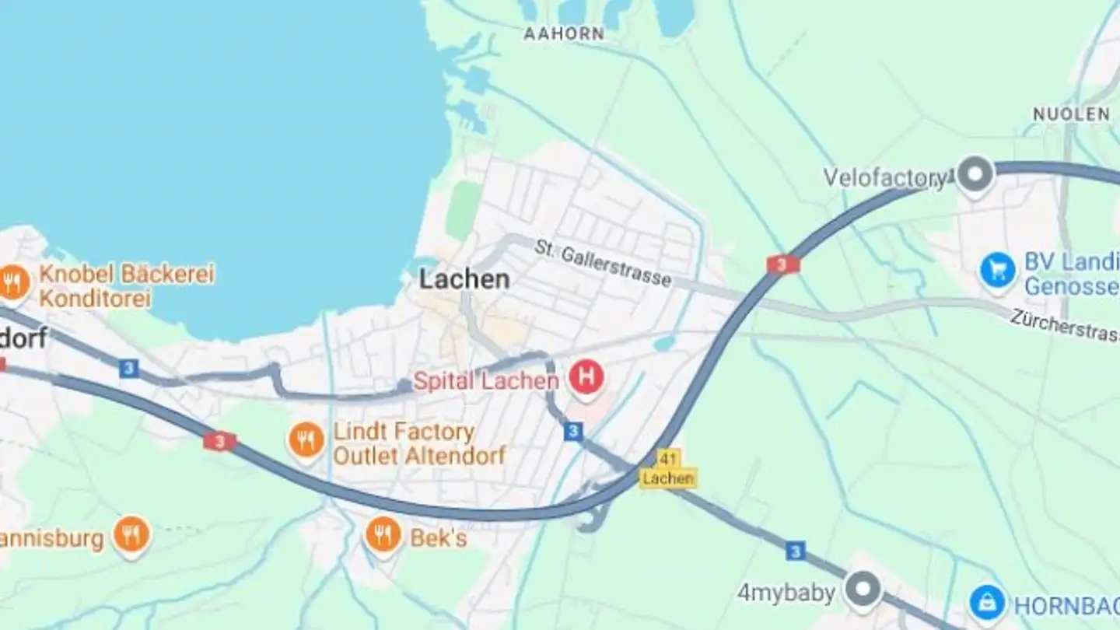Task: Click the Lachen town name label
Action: tap(464, 279)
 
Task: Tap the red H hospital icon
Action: tap(586, 378)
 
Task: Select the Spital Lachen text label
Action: tap(485, 381)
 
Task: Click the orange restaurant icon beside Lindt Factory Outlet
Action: tap(306, 441)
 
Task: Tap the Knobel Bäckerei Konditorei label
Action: tap(126, 285)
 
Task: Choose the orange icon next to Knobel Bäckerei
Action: tap(13, 282)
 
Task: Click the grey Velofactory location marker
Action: tap(975, 173)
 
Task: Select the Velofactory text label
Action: tap(885, 178)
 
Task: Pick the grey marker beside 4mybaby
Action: tap(863, 589)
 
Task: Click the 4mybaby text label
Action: tap(786, 593)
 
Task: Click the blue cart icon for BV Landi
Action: tap(998, 269)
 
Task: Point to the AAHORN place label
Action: tap(564, 34)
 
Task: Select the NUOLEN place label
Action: tap(1071, 114)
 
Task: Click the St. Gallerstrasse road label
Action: tap(603, 263)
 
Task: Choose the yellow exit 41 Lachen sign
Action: tap(668, 469)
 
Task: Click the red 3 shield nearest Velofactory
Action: tap(782, 264)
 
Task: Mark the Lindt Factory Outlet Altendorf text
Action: tap(418, 443)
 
